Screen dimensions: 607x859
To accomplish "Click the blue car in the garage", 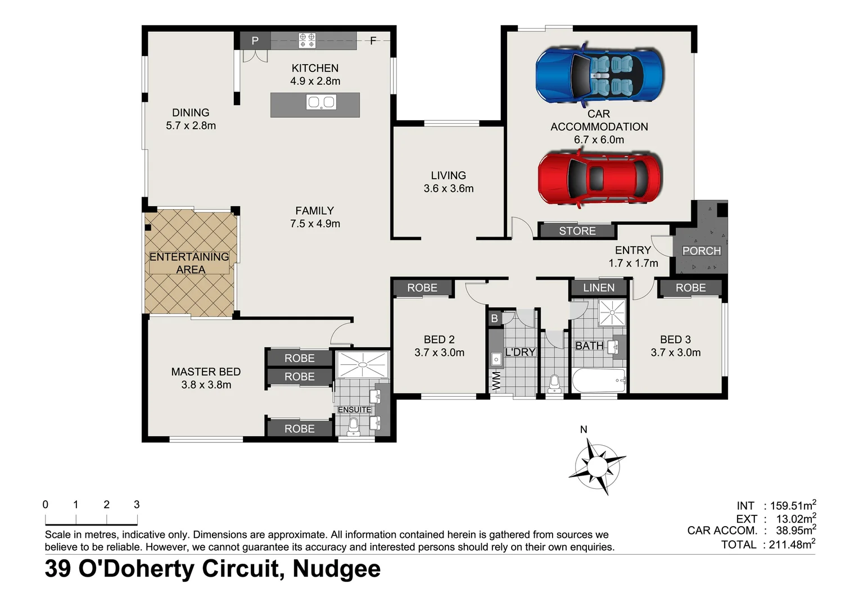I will click(599, 75).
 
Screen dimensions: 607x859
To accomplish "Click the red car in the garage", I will click(599, 179).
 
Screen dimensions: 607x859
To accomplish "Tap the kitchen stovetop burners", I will click(307, 40).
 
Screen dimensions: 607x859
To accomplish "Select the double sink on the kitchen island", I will click(321, 102).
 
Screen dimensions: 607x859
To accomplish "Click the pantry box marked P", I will click(255, 40).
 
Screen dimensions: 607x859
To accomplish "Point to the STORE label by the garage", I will click(577, 231).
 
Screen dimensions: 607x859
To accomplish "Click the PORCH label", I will click(701, 251).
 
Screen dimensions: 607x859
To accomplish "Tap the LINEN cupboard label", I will click(598, 288).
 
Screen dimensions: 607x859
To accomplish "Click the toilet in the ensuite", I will click(354, 427).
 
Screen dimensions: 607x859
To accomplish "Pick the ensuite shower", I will click(363, 364).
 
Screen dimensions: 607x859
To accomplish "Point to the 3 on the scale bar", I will click(137, 505).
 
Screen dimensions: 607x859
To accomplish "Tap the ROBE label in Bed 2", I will click(422, 288).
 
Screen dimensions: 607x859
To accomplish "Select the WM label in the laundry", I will click(496, 380).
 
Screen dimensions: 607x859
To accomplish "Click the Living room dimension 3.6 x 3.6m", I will click(449, 189).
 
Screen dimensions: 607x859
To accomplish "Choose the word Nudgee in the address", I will click(336, 569).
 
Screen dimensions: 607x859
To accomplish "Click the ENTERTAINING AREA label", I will click(189, 263).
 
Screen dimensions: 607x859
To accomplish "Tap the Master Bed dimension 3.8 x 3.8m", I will click(206, 385).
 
